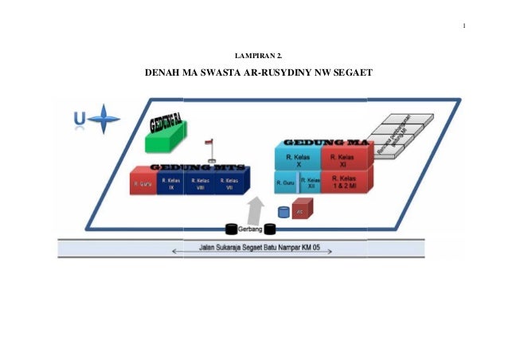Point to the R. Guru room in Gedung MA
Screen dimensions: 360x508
coord(285,183)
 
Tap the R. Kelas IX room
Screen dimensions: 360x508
coord(170,184)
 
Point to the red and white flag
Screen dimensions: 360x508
coord(211,143)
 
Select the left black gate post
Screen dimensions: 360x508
coord(232,229)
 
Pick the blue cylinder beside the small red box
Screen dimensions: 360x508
coord(283,212)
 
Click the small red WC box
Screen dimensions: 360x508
coord(301,211)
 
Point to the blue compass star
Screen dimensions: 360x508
coord(104,120)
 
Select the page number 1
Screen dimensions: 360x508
coord(463,32)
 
